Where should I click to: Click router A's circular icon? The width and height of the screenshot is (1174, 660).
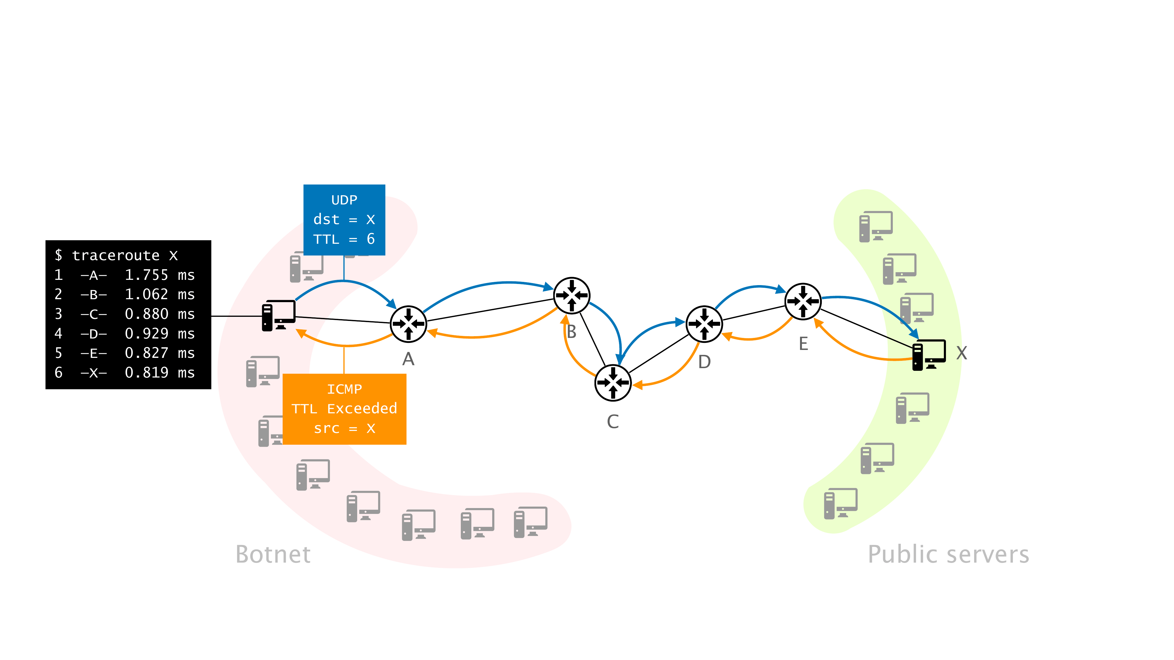[408, 324]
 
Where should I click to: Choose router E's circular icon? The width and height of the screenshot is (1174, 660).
[803, 301]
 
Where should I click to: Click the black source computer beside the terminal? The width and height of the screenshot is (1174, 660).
[279, 315]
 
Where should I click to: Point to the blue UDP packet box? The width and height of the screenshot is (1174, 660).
[344, 219]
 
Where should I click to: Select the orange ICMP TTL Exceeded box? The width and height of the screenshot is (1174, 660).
[344, 409]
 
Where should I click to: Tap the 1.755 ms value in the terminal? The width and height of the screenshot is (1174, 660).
[159, 275]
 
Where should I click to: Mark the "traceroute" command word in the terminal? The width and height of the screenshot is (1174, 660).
[116, 255]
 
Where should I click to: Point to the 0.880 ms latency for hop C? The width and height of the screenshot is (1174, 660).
[159, 314]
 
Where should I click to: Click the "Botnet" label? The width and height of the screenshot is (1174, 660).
[273, 554]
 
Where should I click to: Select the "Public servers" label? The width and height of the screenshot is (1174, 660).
[948, 554]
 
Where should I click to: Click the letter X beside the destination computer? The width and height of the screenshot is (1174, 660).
[962, 353]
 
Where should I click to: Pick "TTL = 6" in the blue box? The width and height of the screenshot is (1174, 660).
[344, 239]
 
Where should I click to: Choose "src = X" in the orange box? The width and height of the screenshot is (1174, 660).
[344, 429]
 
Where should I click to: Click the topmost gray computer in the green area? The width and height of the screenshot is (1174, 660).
[876, 226]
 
